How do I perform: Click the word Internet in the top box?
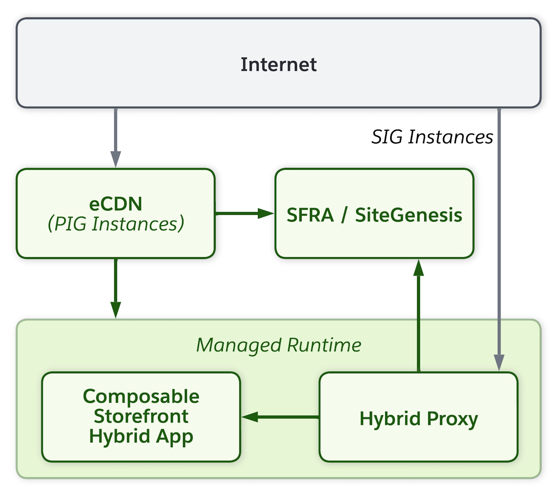278,64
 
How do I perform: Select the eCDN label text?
115,204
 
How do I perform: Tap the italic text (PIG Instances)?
116,224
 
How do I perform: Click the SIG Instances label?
432,137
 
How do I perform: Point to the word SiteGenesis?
408,215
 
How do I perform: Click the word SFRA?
310,215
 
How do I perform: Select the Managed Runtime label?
278,345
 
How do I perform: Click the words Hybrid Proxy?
418,419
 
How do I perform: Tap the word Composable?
141,396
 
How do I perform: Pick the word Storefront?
141,416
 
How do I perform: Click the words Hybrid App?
141,436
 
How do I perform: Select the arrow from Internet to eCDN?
116,133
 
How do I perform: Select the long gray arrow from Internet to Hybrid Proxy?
499,236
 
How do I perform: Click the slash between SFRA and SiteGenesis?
344,215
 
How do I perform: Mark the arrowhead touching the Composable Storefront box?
250,417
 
